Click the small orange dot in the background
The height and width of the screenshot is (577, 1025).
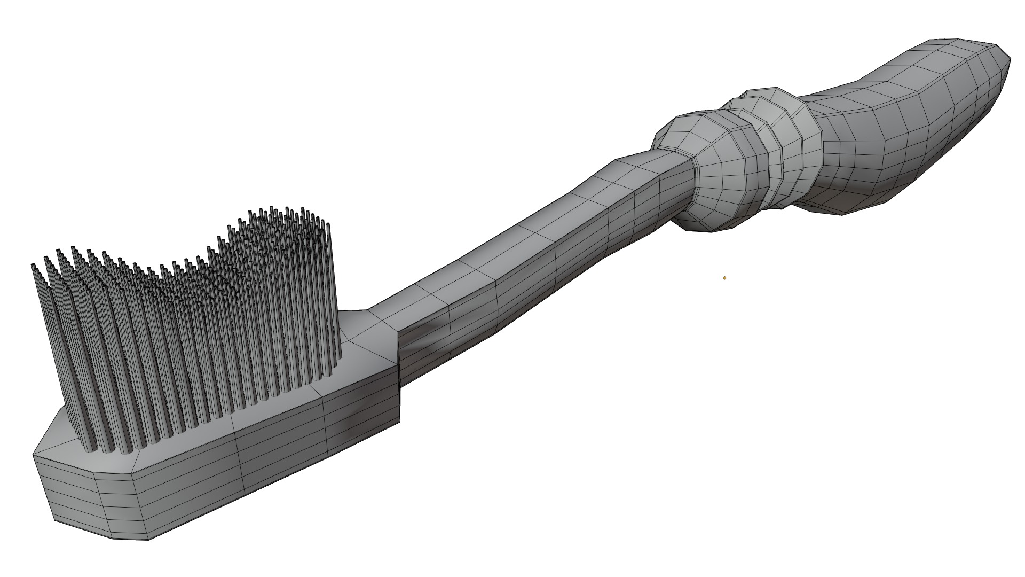(x=724, y=278)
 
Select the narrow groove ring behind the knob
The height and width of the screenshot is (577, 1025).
(x=763, y=155)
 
